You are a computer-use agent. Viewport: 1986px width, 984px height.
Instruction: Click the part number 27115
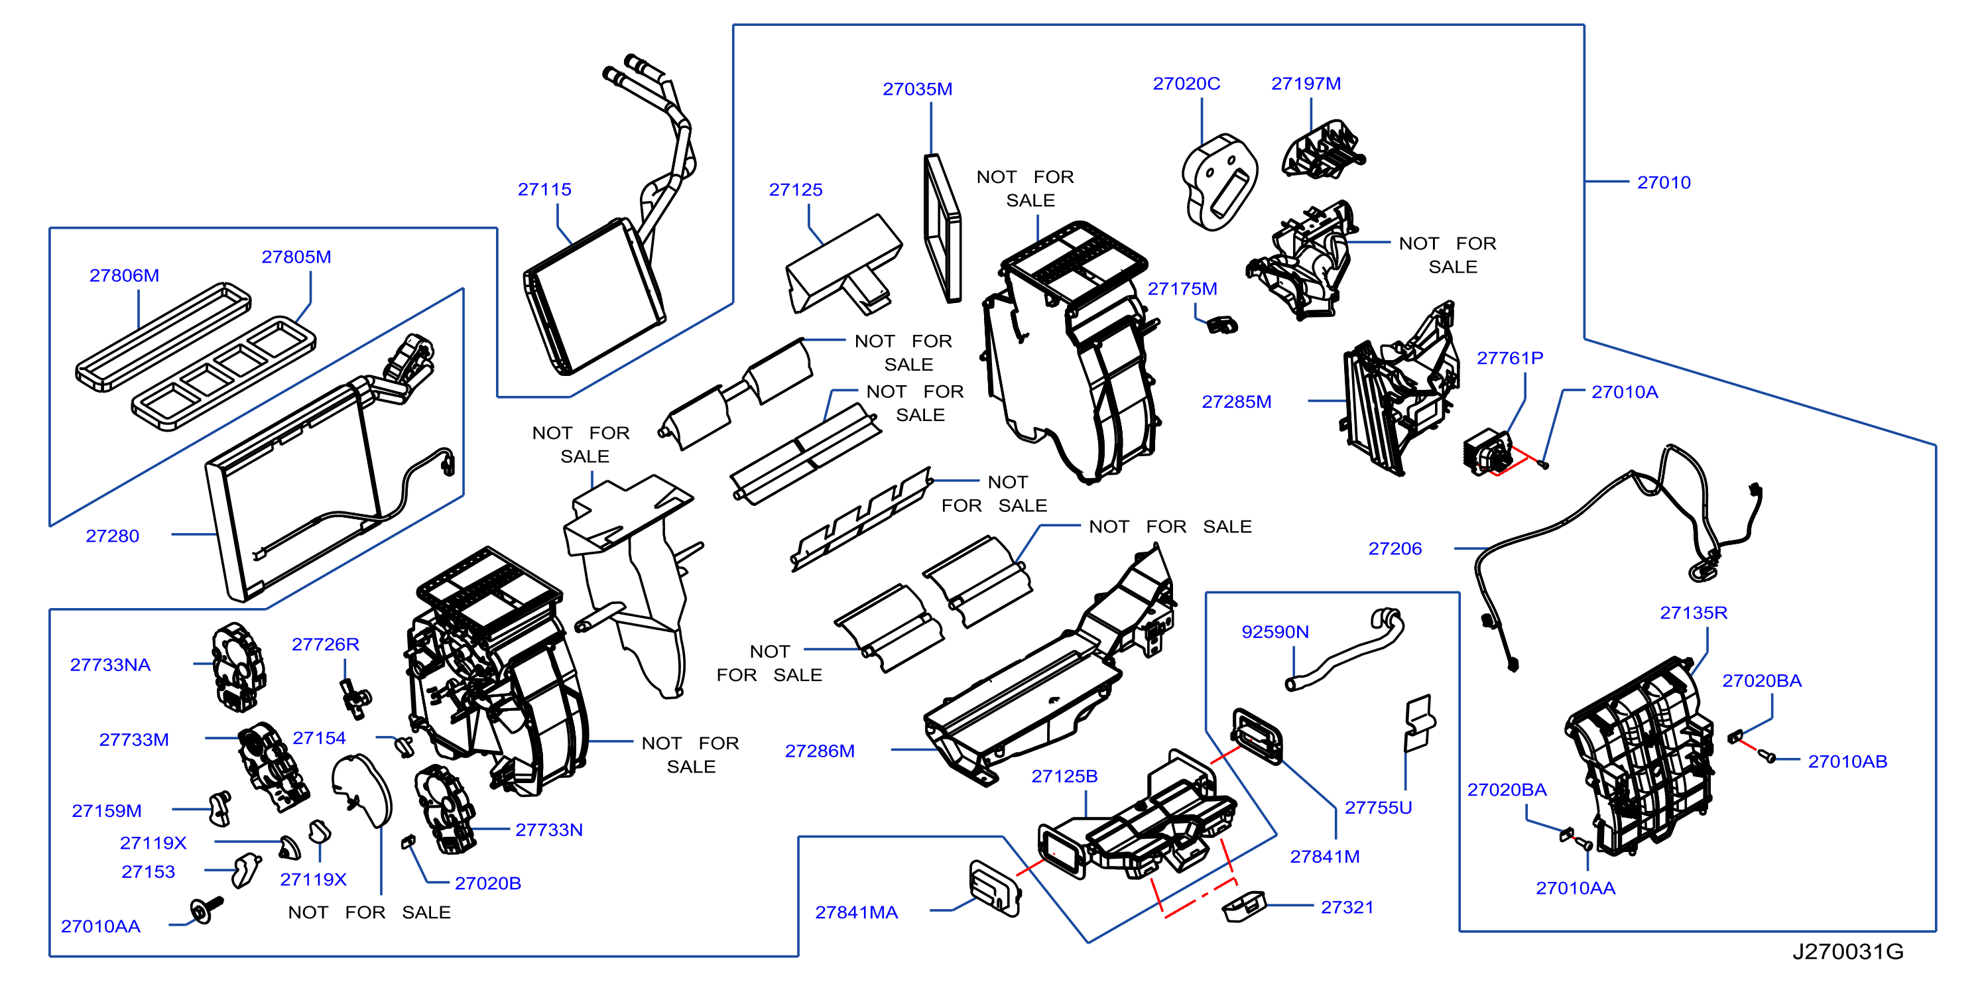[544, 189]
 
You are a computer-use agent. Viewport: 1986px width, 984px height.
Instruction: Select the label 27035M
[918, 89]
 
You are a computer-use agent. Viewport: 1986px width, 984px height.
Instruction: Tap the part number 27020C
[1186, 84]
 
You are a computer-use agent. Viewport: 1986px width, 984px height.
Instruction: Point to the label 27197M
[1306, 84]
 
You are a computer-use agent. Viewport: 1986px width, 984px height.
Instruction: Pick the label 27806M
[124, 275]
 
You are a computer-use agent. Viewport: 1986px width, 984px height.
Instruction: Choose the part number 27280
[113, 536]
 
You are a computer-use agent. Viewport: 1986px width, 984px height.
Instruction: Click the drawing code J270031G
[1848, 952]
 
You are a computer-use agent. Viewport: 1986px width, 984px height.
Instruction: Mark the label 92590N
[1275, 632]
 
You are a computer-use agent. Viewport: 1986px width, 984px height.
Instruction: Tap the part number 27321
[1347, 908]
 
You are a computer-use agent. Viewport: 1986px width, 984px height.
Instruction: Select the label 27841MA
[857, 912]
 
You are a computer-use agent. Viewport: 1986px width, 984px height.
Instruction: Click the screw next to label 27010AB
[1769, 757]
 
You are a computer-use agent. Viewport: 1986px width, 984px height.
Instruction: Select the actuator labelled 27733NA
[239, 667]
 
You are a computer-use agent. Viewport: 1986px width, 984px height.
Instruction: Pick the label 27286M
[820, 751]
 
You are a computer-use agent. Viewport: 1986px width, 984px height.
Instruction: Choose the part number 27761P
[1509, 358]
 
